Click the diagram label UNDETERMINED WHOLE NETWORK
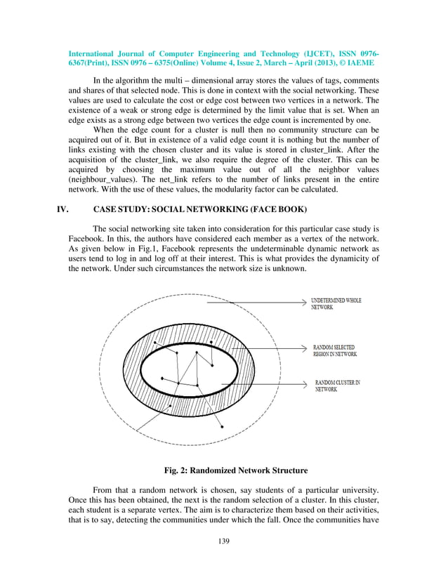(x=336, y=304)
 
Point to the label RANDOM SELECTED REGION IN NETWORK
(x=335, y=350)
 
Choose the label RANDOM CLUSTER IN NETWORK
(x=337, y=385)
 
